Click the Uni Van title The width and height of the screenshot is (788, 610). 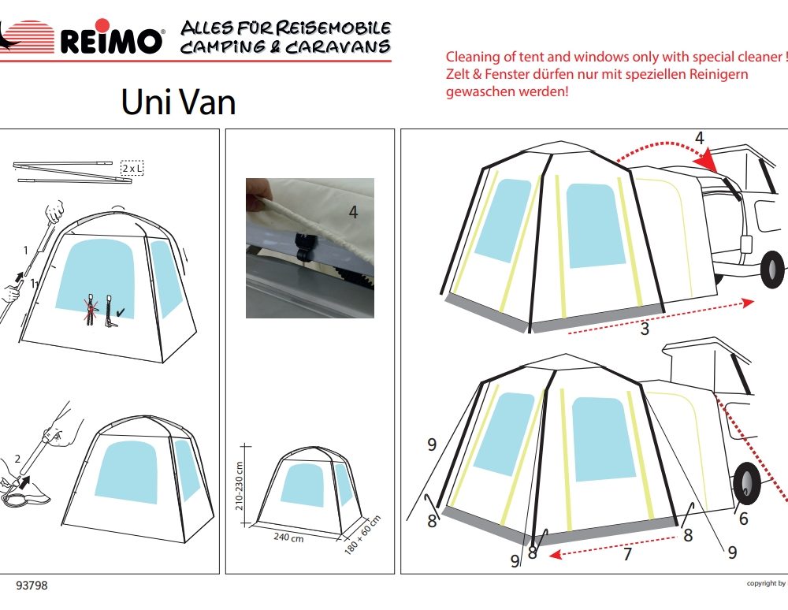178,102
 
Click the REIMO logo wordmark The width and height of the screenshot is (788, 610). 111,40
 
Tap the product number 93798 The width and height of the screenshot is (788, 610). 32,586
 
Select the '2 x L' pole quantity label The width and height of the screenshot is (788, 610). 132,169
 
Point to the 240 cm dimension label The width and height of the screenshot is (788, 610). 288,537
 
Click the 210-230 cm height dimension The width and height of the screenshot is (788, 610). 240,486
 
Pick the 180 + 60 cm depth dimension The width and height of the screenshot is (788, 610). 362,534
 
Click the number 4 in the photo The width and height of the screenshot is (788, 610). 353,212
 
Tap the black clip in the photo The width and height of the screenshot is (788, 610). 304,246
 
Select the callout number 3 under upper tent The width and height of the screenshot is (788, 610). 645,329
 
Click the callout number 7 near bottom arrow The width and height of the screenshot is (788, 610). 627,554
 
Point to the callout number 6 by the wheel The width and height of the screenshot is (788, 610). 744,518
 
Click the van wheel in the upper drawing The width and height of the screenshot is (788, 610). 772,270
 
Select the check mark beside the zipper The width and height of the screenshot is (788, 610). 121,313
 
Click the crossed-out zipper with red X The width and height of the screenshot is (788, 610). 91,310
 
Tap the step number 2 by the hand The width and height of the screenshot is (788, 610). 17,459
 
